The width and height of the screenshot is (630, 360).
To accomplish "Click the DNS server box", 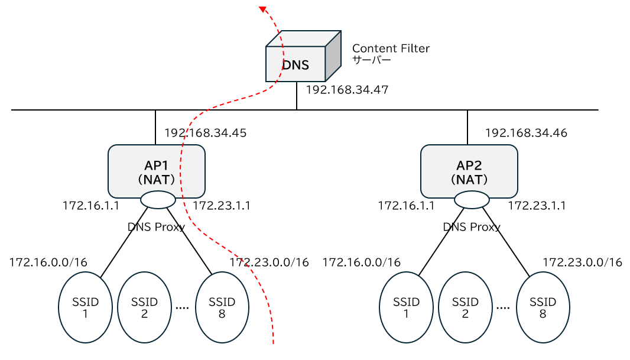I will [295, 64].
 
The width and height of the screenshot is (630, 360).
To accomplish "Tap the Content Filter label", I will [391, 48].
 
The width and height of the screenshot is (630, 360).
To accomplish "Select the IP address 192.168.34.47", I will [347, 90].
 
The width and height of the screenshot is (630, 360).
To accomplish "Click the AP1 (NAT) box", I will [157, 171].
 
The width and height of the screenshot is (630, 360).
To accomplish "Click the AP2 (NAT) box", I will [469, 171].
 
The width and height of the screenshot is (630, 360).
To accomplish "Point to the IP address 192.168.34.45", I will [205, 133].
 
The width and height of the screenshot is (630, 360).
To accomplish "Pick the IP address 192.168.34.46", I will [526, 133].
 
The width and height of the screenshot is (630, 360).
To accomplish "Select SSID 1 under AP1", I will [85, 308].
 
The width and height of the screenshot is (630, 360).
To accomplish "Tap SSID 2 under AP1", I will [144, 308].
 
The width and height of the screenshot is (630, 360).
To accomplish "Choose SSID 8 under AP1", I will [222, 308].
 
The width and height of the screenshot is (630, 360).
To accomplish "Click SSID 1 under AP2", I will [406, 308].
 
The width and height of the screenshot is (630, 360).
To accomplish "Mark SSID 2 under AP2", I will [465, 308].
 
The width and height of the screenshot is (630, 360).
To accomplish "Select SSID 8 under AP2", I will [543, 308].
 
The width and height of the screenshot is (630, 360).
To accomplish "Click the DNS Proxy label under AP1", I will [156, 226].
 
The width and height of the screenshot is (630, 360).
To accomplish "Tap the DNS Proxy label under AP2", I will [471, 226].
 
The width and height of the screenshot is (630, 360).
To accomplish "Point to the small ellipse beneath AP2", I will [472, 200].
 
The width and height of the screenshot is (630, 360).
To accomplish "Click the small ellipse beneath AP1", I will [158, 200].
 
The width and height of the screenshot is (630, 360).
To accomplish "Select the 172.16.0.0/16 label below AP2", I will [361, 262].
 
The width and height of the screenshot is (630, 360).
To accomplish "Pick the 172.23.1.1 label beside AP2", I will [537, 206].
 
